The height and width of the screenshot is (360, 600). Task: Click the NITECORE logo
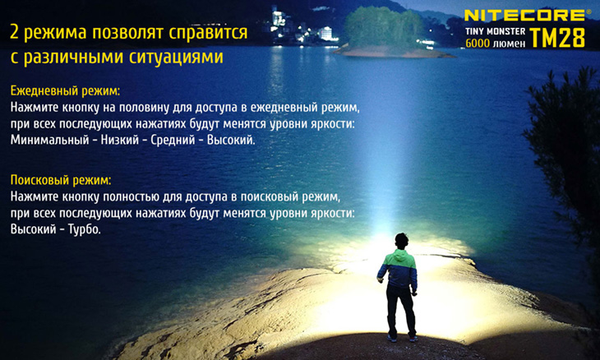tap(524, 16)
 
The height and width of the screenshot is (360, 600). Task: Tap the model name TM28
tap(557, 38)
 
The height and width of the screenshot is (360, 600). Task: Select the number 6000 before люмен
tap(478, 44)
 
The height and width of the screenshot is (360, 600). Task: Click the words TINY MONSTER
tap(495, 31)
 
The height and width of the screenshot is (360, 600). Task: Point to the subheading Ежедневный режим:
tap(65, 91)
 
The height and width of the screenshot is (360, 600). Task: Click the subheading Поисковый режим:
tap(61, 180)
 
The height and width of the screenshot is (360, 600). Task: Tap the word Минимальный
tap(49, 140)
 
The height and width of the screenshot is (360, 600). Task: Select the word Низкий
tap(120, 140)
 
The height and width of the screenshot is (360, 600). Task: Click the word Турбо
tap(84, 229)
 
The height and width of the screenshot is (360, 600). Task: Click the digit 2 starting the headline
tap(14, 33)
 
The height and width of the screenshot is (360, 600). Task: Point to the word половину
tap(144, 108)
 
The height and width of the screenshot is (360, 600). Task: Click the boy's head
tap(401, 241)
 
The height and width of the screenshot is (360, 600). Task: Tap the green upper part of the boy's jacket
tap(397, 259)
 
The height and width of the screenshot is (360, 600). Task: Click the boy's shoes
tap(402, 338)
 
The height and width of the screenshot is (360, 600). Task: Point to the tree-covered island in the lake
tap(386, 34)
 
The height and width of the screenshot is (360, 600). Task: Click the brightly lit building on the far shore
tap(326, 33)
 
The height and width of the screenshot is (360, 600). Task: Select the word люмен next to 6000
tap(509, 44)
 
